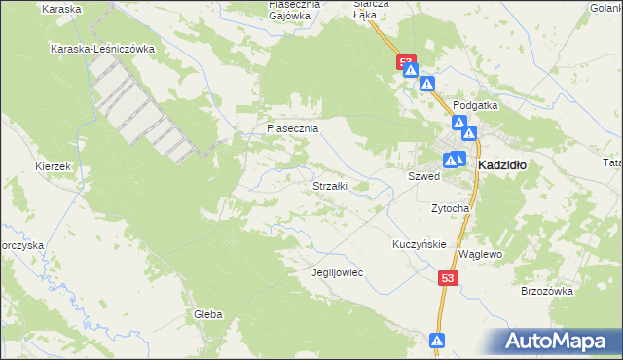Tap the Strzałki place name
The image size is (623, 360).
click(329, 185)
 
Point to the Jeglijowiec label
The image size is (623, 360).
click(337, 272)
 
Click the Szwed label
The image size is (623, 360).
click(423, 178)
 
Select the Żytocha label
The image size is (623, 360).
click(451, 208)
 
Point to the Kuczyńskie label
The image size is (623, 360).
click(419, 244)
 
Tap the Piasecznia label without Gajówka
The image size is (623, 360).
click(293, 127)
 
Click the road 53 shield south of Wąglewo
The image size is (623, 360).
click(447, 278)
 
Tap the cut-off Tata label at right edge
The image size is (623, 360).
click(612, 162)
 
